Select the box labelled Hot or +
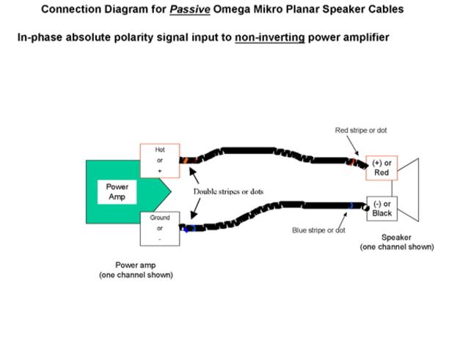point(160,161)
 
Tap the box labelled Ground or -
point(160,228)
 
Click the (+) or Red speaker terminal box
point(381,168)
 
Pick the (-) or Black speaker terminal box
point(381,209)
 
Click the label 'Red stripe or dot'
point(361,131)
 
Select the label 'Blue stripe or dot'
point(318,230)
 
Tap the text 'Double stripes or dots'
point(228,192)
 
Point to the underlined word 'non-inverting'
point(269,37)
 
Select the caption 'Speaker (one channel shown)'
point(397,242)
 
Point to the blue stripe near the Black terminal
point(351,207)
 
